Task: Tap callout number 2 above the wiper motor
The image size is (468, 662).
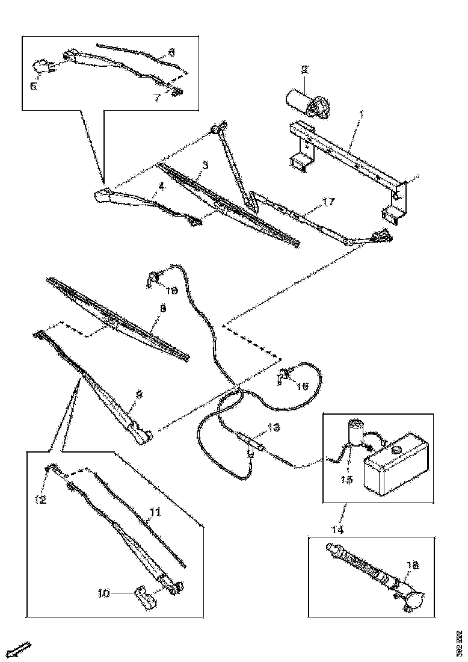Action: point(305,70)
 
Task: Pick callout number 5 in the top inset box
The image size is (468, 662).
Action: point(34,86)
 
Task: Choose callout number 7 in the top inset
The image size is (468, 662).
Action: point(156,97)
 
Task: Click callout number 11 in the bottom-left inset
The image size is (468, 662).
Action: point(155,513)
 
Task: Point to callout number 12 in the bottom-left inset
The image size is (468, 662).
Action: point(40,498)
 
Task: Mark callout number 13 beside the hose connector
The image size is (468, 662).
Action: point(274,428)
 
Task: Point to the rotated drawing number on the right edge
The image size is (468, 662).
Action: point(458,643)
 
